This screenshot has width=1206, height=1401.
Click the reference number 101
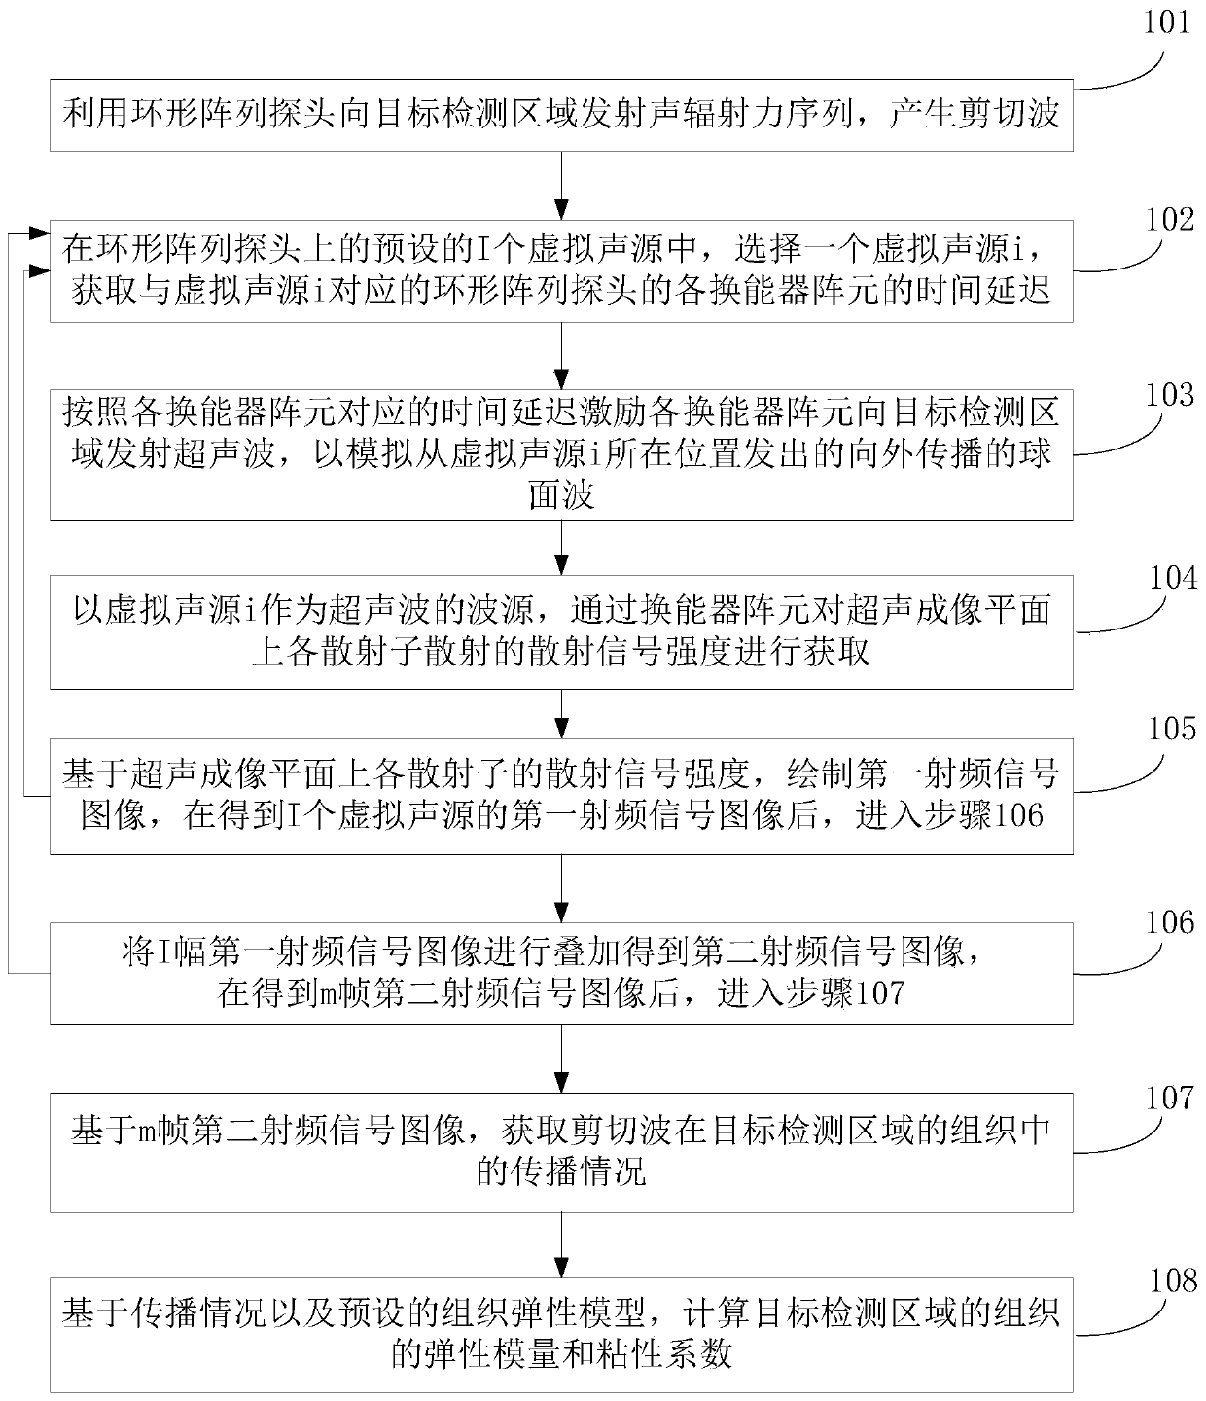[1166, 21]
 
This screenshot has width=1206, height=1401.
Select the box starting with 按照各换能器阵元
[561, 454]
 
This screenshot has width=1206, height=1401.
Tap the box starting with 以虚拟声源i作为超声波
[561, 630]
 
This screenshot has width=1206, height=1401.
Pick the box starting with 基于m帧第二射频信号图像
[561, 1150]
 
